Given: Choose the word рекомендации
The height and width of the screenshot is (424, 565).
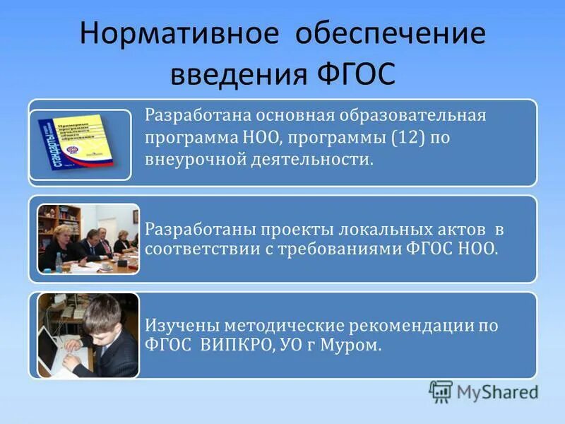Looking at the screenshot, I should [x=417, y=326].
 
